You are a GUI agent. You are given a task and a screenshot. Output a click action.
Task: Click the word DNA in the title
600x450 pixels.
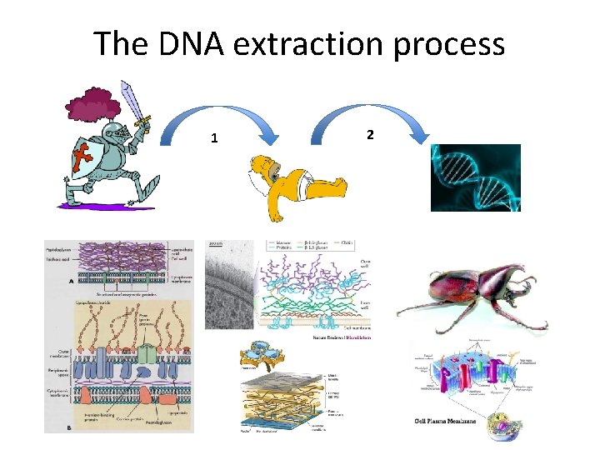click(x=195, y=43)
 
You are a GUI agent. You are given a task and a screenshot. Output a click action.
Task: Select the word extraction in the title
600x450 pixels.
click(x=305, y=43)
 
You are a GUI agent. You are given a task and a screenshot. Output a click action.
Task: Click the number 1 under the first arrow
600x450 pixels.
click(x=214, y=138)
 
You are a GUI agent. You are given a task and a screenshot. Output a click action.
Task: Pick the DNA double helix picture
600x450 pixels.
click(x=475, y=177)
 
